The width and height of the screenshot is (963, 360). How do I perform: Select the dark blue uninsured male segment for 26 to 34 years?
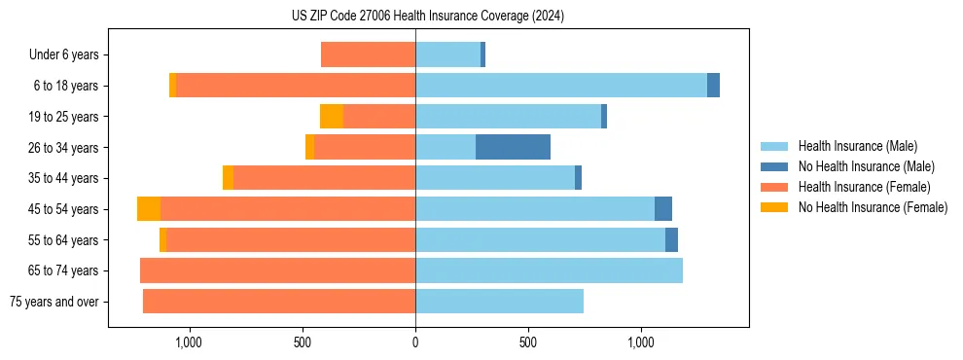tap(513, 147)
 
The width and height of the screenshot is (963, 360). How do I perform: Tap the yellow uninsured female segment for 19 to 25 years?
tap(331, 117)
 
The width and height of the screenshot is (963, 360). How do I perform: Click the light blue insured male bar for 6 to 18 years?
tap(560, 86)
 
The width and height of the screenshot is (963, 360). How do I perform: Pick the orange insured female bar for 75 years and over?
tap(279, 302)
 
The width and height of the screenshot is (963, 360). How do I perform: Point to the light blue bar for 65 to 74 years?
tap(549, 270)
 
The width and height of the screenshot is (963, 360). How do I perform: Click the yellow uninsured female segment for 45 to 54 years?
tap(148, 209)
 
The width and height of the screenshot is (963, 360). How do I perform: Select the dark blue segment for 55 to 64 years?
tap(671, 240)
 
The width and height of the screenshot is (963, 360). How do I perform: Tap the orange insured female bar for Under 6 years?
tap(368, 55)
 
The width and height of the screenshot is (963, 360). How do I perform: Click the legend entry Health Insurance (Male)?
tap(857, 146)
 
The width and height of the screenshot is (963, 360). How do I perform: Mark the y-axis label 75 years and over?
tap(54, 302)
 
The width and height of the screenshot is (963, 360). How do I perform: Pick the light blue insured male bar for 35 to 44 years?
tap(495, 178)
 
